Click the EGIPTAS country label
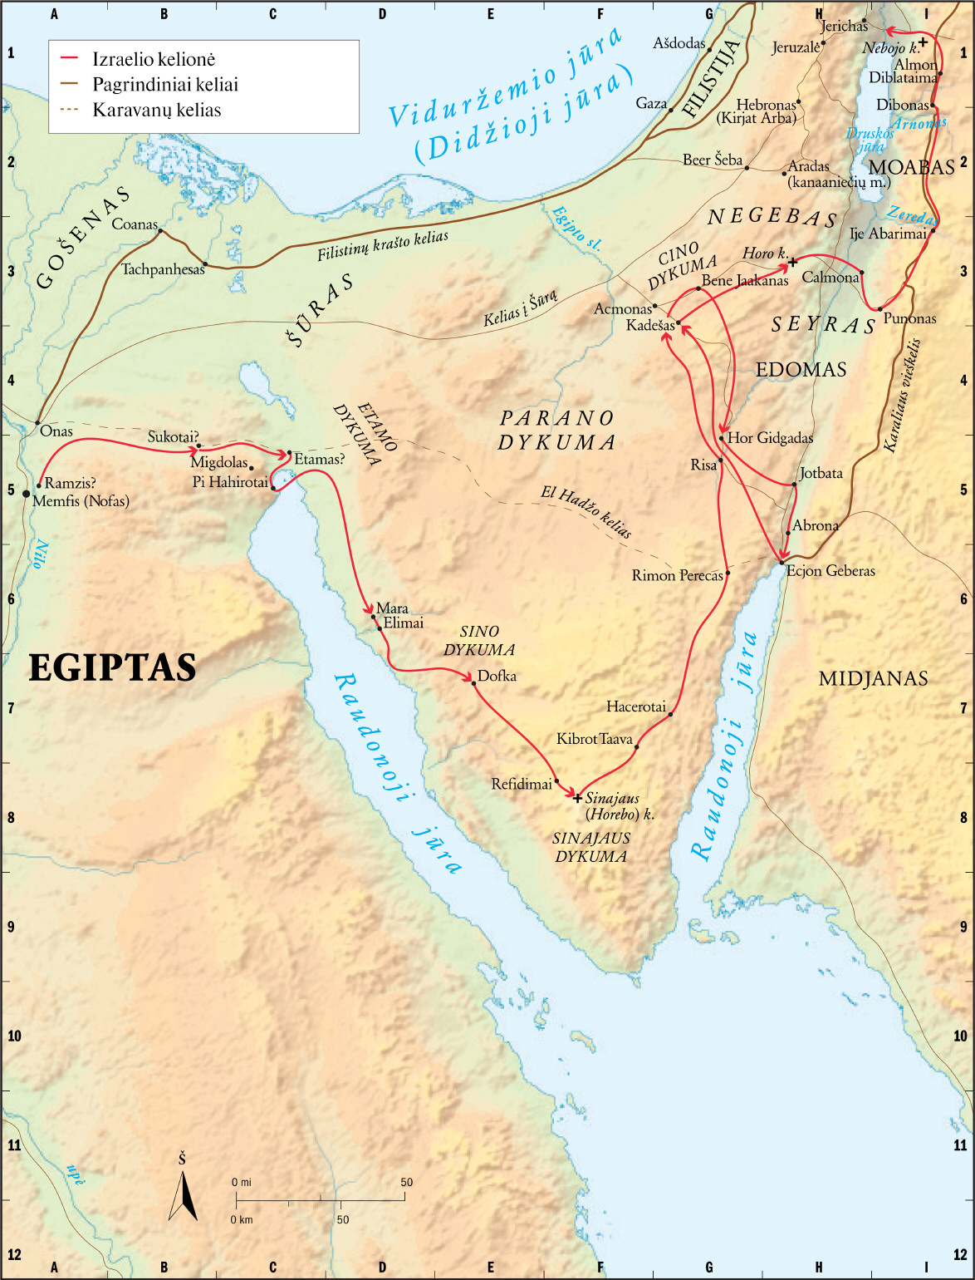(x=112, y=667)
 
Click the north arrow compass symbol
(x=183, y=1194)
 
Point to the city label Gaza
(x=651, y=103)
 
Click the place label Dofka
(x=497, y=676)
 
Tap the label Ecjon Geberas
(x=830, y=570)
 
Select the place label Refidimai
(x=522, y=784)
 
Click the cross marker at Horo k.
(x=792, y=263)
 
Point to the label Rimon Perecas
(x=677, y=575)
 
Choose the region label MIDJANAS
(x=873, y=679)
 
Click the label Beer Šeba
(x=712, y=160)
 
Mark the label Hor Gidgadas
(x=770, y=437)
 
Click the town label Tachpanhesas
(x=163, y=269)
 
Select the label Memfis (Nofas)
(x=81, y=500)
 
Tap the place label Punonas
(x=909, y=318)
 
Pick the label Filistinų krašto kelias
(x=382, y=247)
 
